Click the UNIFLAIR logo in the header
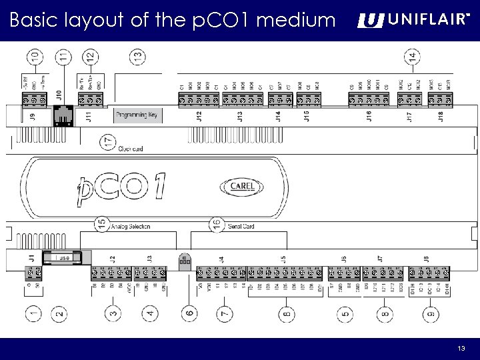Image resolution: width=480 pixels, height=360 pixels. tap(412, 21)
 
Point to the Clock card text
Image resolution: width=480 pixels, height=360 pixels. tap(131, 148)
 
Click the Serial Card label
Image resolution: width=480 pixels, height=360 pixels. tap(241, 227)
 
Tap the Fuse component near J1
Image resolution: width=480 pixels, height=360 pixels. tap(62, 257)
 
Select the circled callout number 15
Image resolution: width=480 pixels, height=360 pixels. tap(101, 225)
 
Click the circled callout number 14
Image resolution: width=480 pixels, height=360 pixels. tap(413, 57)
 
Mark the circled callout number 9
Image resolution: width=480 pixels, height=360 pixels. tap(431, 312)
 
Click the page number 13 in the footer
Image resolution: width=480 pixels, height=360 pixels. tap(461, 349)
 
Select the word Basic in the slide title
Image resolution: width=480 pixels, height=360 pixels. tap(33, 21)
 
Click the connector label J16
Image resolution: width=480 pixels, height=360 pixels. tap(369, 117)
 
